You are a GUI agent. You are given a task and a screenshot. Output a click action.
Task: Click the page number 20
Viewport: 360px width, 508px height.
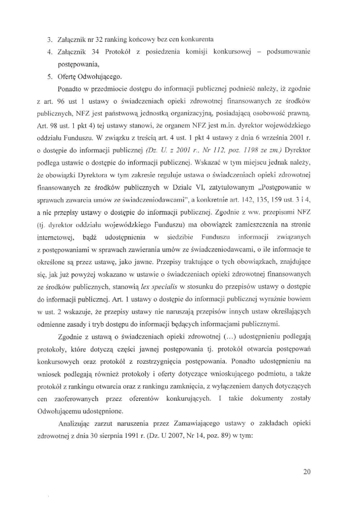(307, 471)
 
